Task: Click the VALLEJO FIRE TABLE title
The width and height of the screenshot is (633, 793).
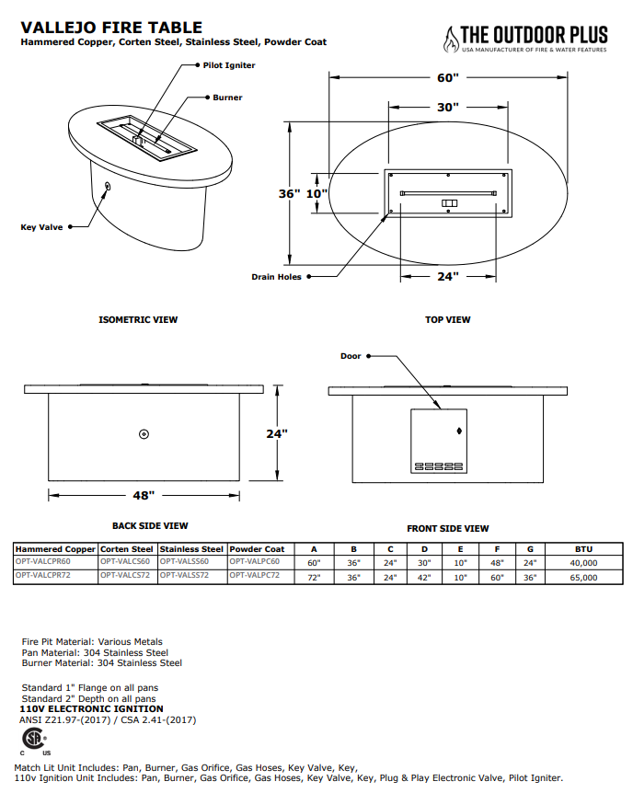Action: [111, 28]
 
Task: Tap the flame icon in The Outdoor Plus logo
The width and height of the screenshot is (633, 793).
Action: [451, 39]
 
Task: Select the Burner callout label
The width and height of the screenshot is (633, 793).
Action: [227, 97]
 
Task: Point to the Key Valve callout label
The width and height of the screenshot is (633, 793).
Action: [41, 226]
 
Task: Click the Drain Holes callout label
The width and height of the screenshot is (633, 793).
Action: [276, 276]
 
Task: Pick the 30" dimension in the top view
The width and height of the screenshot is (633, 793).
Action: [447, 108]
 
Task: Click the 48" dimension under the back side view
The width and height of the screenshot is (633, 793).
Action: [144, 495]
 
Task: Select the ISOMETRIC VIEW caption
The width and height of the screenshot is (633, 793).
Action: [138, 320]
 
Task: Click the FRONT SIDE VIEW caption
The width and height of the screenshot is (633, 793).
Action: [448, 529]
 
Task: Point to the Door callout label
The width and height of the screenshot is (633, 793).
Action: [351, 356]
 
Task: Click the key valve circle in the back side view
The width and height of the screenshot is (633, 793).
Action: [144, 434]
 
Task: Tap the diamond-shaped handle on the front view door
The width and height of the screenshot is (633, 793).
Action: [459, 431]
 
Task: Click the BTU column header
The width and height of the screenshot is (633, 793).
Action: [583, 548]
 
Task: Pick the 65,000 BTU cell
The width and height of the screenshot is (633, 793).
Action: [583, 578]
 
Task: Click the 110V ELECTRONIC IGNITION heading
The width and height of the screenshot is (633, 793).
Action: [92, 709]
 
